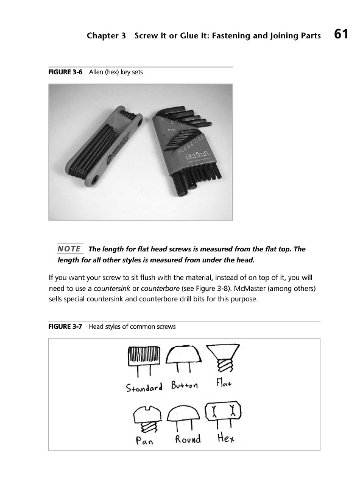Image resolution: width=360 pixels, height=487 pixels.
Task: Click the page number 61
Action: tap(341, 34)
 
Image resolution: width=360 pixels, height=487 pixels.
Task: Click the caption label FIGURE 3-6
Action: tap(65, 72)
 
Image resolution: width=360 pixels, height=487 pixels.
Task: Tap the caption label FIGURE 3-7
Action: tap(65, 326)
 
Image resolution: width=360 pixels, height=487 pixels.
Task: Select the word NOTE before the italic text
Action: tap(69, 249)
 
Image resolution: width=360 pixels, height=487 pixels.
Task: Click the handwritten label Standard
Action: tap(144, 387)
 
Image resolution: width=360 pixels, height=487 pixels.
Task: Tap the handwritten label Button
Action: tap(185, 385)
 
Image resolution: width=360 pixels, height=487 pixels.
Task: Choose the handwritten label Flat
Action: tap(224, 383)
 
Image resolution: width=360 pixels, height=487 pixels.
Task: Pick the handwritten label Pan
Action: tap(144, 440)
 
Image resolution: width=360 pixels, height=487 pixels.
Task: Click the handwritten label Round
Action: tap(188, 439)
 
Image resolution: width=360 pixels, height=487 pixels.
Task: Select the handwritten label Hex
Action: tap(226, 438)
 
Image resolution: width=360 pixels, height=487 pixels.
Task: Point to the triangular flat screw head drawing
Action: tap(223, 351)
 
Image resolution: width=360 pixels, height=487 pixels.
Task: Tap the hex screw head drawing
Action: tap(223, 412)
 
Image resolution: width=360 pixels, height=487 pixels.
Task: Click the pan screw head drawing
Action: tap(147, 415)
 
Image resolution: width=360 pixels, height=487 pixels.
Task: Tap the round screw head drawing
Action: tap(183, 413)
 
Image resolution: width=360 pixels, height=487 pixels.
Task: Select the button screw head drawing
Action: tap(183, 354)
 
